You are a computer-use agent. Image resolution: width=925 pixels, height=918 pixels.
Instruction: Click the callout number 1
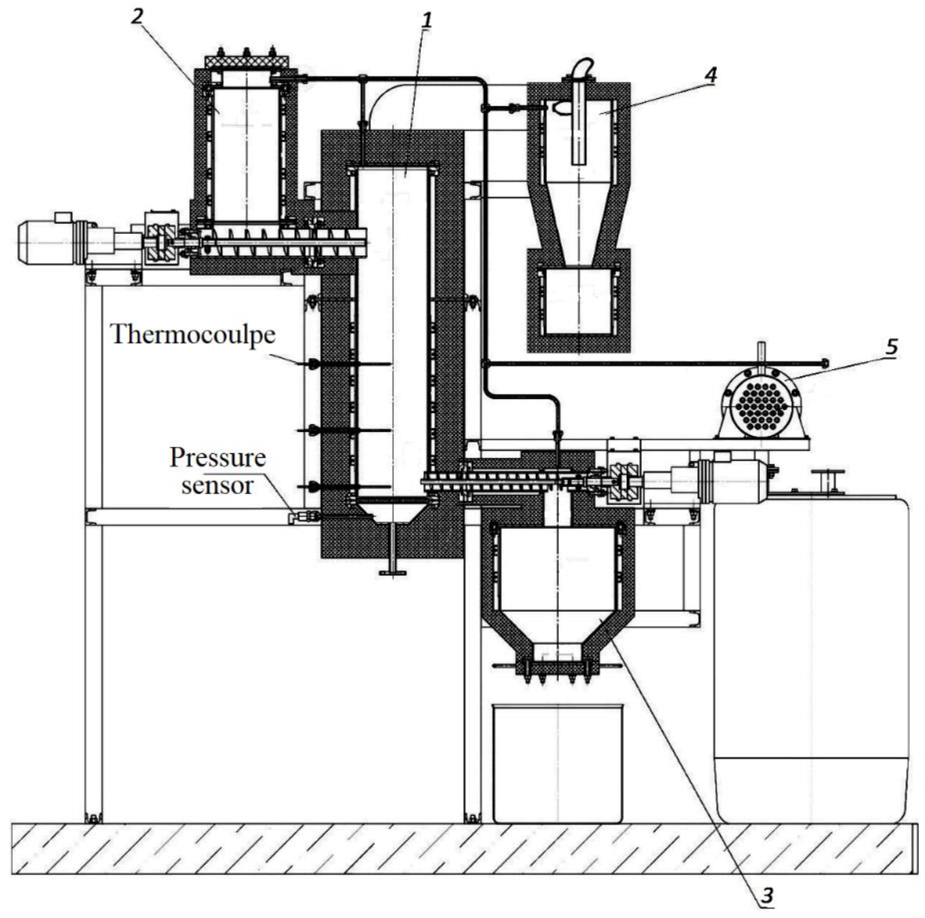(x=426, y=20)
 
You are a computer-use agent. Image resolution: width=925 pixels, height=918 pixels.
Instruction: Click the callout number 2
(x=137, y=17)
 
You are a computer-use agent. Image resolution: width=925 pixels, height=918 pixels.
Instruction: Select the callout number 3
(x=767, y=894)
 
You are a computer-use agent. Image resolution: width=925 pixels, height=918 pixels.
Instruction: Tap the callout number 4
(x=711, y=75)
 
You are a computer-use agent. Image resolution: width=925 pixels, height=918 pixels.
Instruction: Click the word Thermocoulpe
(x=193, y=334)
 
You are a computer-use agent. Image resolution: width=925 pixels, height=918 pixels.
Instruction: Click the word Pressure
(x=218, y=458)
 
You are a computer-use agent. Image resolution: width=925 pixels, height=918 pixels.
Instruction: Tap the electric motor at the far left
(x=46, y=242)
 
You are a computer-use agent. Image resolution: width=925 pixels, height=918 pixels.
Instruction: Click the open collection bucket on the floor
(x=558, y=762)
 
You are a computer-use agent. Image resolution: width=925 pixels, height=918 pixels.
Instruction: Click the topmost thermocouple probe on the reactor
(x=345, y=365)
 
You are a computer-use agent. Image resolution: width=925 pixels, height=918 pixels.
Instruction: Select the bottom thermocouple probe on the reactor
(x=345, y=487)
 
